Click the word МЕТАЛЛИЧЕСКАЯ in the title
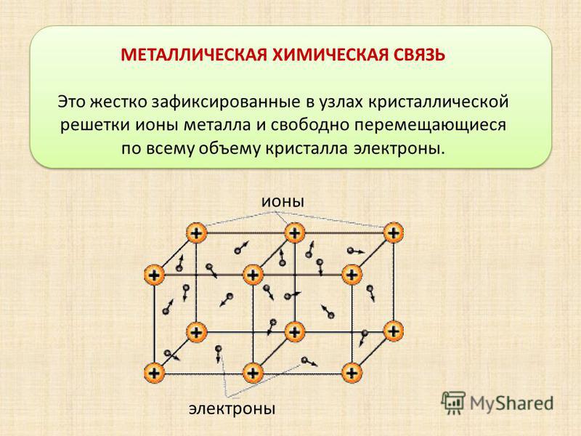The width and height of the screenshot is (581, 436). (x=194, y=55)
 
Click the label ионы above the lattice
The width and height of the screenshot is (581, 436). (x=283, y=202)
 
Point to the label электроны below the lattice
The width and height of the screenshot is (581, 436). (x=232, y=408)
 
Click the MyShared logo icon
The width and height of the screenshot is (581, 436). (x=452, y=403)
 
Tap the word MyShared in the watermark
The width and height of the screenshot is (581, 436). (x=512, y=403)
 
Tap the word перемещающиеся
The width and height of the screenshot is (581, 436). (x=430, y=126)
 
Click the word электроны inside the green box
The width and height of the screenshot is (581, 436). (x=398, y=149)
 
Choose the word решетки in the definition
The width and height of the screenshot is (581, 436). (x=95, y=126)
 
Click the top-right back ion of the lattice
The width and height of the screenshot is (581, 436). (x=393, y=233)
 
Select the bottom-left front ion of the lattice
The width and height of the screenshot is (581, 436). (x=155, y=373)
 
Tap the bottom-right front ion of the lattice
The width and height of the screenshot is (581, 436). (x=352, y=373)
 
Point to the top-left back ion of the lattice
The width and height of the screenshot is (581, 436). (x=196, y=233)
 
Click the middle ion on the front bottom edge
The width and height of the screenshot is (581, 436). (x=253, y=373)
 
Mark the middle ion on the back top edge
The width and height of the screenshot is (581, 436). (x=295, y=233)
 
